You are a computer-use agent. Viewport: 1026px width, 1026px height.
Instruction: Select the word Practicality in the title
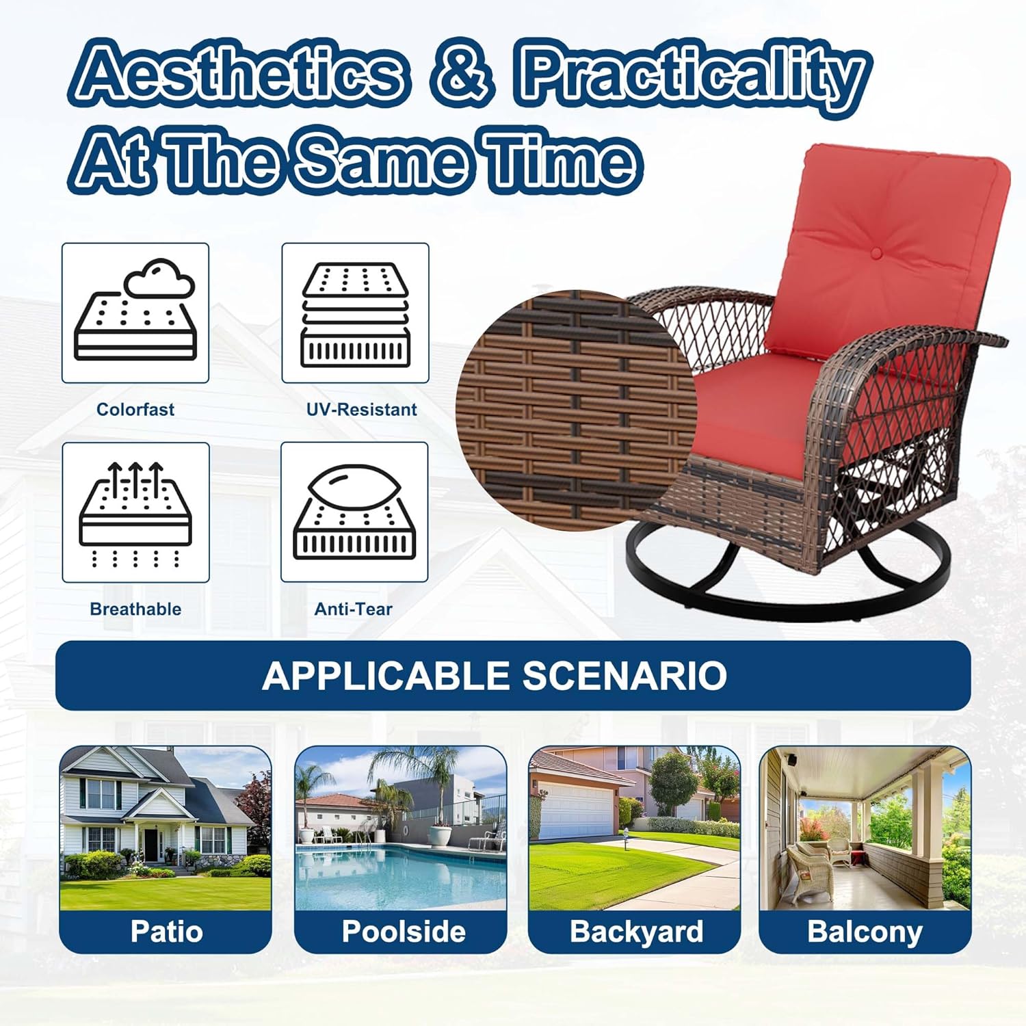[694, 75]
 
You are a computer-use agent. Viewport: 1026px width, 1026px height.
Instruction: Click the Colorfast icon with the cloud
[135, 313]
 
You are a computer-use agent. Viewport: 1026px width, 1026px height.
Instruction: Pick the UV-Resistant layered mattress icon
[355, 313]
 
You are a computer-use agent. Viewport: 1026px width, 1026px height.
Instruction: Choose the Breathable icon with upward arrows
[135, 512]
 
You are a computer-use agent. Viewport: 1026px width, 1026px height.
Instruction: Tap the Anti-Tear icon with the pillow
[354, 512]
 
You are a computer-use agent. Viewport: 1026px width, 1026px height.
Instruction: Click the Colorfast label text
[135, 409]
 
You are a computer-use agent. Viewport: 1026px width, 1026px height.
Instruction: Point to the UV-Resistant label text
[361, 409]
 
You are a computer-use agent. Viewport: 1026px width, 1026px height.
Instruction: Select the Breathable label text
[135, 609]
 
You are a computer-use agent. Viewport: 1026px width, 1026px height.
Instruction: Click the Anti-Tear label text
[353, 609]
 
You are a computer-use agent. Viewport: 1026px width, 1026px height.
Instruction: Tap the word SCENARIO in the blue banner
[624, 676]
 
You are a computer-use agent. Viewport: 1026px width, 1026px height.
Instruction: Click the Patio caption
[166, 932]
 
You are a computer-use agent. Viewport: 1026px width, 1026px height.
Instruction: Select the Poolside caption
[403, 932]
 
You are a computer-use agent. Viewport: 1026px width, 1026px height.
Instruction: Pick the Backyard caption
[636, 932]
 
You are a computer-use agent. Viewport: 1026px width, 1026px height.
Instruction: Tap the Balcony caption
[865, 932]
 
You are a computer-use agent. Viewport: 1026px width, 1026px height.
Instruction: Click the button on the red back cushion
[876, 254]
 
